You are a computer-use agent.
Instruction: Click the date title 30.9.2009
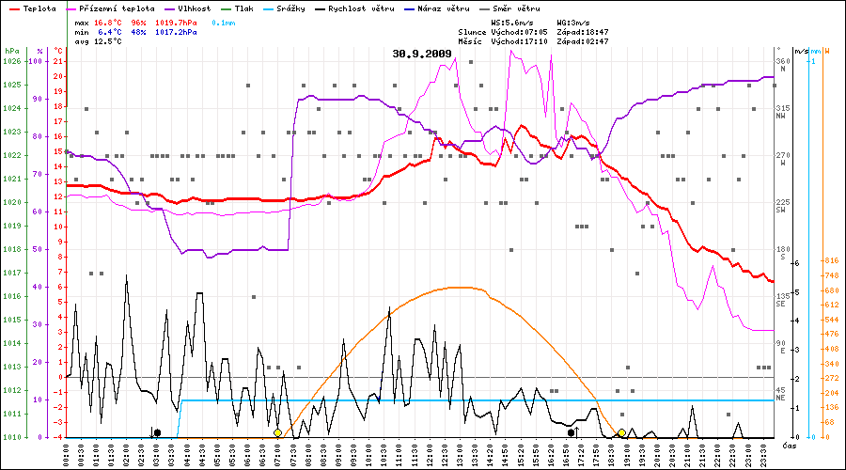[422, 54]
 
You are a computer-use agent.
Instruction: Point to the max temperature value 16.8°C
[109, 22]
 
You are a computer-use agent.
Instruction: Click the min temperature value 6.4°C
[109, 32]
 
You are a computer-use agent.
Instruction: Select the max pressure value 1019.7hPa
[177, 22]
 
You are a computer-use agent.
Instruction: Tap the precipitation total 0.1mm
[223, 22]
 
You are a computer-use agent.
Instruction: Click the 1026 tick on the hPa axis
[11, 61]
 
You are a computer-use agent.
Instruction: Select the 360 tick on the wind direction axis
[781, 61]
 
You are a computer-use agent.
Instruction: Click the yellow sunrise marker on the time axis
[278, 433]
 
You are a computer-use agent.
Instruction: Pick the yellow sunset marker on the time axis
[622, 433]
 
